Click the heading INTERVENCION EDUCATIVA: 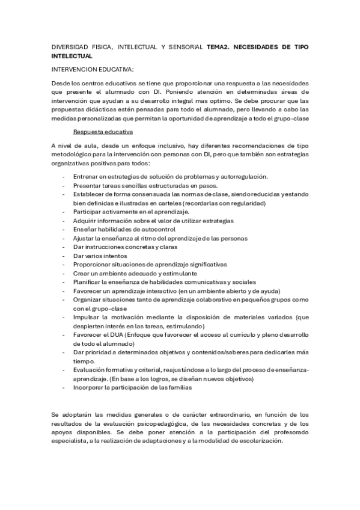click(93, 69)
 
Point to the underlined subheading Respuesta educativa click(103, 132)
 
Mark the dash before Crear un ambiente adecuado click(64, 273)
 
